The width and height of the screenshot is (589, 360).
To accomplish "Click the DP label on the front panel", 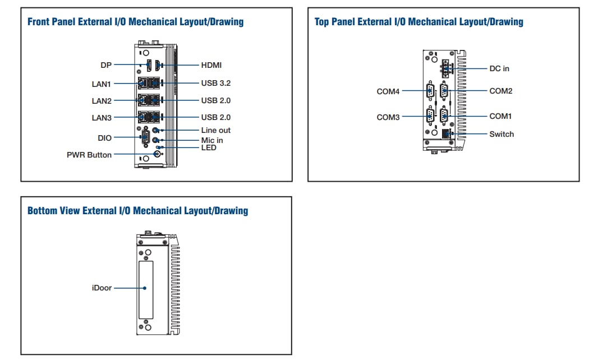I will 105,66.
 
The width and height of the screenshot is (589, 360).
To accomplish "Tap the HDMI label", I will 211,66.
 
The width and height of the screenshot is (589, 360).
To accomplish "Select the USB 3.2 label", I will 216,83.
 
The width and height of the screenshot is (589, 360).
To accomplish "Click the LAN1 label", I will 102,84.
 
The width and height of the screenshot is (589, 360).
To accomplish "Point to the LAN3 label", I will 102,118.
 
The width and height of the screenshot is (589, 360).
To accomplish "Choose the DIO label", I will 104,137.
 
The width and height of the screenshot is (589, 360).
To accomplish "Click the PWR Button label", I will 89,155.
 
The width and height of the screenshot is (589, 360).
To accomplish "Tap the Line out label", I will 216,130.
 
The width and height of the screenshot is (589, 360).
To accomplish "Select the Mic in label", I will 212,140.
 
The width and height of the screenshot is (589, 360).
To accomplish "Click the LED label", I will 209,147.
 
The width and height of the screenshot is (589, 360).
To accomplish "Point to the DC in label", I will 499,68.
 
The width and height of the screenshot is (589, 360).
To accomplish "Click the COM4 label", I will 388,91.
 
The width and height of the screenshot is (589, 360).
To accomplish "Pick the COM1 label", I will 501,116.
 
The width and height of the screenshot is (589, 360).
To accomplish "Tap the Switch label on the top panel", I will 501,134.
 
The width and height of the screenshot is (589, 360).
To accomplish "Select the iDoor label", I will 102,288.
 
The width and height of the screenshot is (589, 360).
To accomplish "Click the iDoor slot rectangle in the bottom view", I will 145,289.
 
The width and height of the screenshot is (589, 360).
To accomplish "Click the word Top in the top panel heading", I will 321,22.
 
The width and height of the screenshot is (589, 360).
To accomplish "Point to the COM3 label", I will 388,117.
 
